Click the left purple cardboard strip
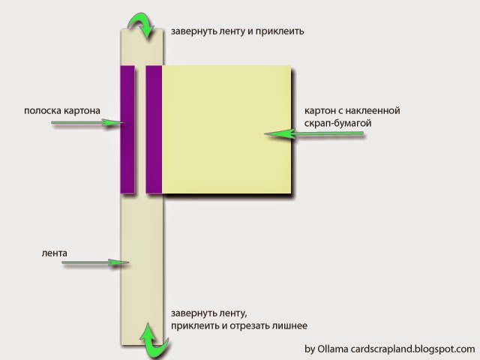[x=127, y=129]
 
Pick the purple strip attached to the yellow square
[x=154, y=129]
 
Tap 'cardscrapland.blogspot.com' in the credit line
[x=420, y=349]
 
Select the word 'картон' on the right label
[x=319, y=110]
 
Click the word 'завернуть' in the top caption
[x=192, y=31]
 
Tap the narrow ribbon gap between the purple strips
[x=140, y=129]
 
